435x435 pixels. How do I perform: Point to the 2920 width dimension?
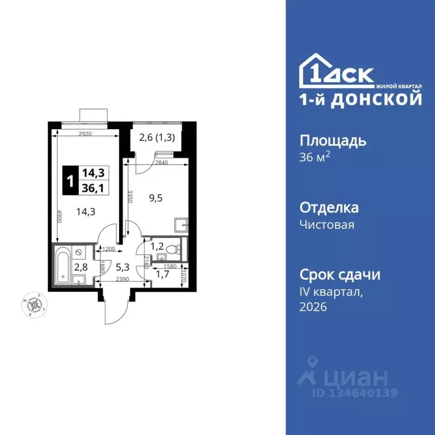(85, 134)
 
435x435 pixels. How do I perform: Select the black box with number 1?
(70, 181)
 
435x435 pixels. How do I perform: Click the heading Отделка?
(329, 207)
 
